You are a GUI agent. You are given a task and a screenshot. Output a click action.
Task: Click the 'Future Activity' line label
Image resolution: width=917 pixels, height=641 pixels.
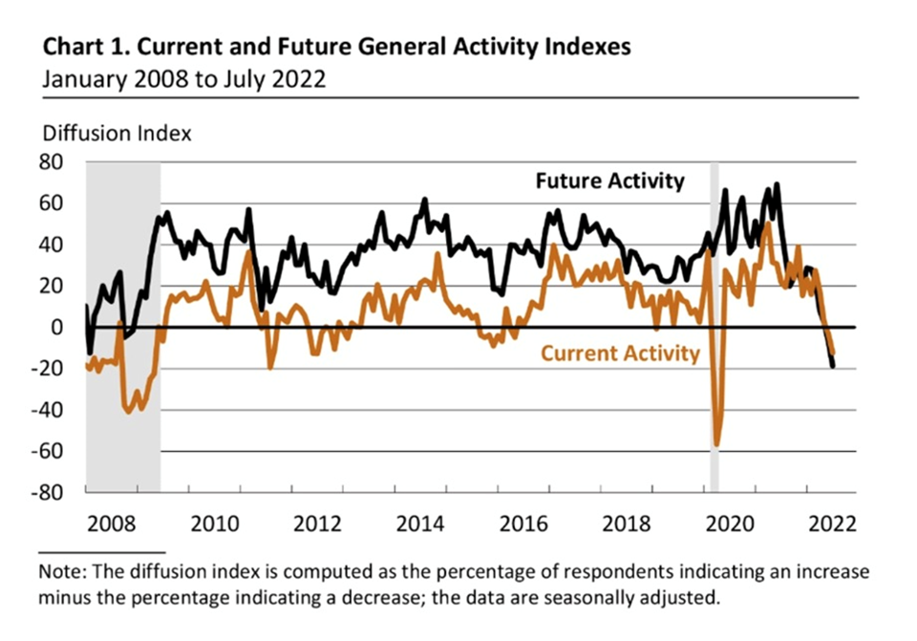pyautogui.click(x=609, y=181)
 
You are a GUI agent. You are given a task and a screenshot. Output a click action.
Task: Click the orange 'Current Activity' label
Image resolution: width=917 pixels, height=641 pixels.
pyautogui.click(x=621, y=353)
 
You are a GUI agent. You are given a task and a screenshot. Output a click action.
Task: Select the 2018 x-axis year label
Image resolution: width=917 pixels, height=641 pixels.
pyautogui.click(x=629, y=524)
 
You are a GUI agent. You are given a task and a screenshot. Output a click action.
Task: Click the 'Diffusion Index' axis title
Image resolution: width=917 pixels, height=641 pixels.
pyautogui.click(x=116, y=133)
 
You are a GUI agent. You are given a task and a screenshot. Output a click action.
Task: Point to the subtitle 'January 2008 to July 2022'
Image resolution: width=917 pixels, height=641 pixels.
pyautogui.click(x=183, y=78)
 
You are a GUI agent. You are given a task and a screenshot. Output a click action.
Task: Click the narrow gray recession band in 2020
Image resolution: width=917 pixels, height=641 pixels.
pyautogui.click(x=714, y=287)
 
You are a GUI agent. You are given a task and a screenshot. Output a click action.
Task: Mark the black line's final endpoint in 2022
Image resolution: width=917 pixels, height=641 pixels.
pyautogui.click(x=833, y=366)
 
